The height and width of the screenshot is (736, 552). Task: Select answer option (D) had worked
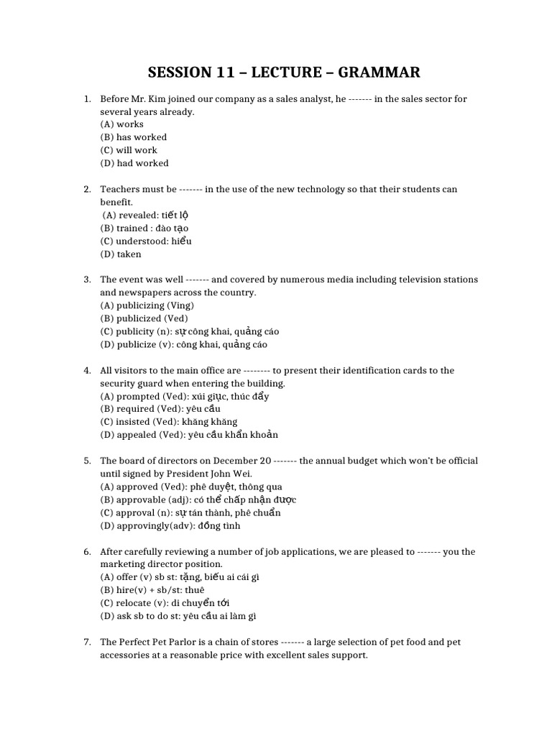pyautogui.click(x=134, y=163)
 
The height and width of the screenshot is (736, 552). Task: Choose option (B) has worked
pyautogui.click(x=134, y=137)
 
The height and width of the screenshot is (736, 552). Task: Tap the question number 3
pyautogui.click(x=87, y=280)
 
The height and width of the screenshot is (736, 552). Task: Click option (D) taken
pyautogui.click(x=121, y=254)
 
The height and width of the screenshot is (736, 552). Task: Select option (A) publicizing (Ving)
pyautogui.click(x=147, y=305)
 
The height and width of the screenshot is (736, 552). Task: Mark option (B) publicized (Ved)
pyautogui.click(x=144, y=318)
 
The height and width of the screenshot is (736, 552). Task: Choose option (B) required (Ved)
pyautogui.click(x=139, y=409)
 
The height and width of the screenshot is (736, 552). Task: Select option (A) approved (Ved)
pyautogui.click(x=141, y=487)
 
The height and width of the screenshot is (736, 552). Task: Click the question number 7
pyautogui.click(x=87, y=642)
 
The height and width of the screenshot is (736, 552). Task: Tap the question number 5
pyautogui.click(x=87, y=461)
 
